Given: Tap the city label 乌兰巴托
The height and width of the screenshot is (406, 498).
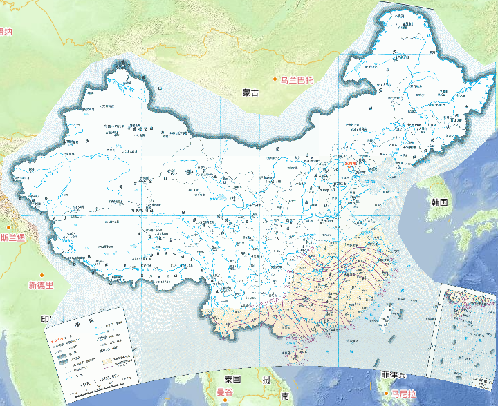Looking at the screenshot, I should point(297,80).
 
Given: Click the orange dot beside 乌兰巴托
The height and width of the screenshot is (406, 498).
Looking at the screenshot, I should point(275,80).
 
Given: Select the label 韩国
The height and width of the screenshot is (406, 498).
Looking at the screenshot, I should point(439,202).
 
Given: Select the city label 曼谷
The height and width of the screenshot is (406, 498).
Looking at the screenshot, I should point(225,393).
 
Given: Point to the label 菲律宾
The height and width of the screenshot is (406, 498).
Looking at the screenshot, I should point(394,375).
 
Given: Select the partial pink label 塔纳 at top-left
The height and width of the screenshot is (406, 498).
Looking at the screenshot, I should point(6,31).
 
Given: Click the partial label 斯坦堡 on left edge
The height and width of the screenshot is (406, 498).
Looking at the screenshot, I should point(12,238).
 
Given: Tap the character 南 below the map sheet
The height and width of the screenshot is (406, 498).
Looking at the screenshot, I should point(284,396).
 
